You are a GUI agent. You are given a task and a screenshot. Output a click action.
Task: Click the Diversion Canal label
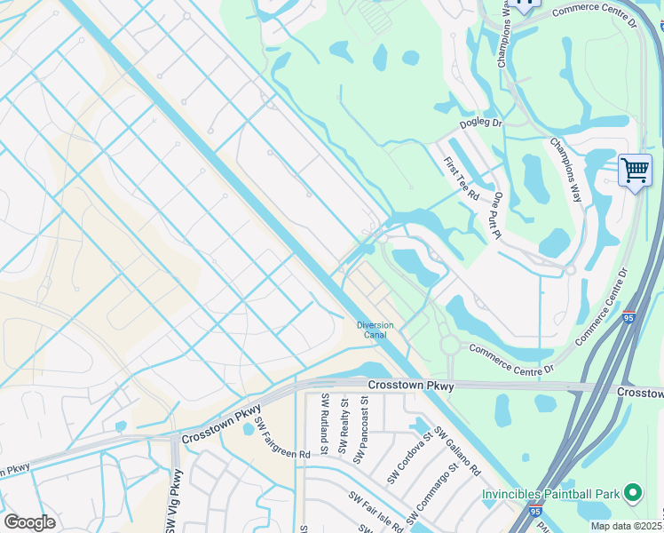(375, 330)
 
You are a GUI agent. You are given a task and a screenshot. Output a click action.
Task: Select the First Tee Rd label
(462, 179)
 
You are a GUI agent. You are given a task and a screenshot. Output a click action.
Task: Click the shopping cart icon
(635, 169)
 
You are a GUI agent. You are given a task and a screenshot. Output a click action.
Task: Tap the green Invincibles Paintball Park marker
(633, 491)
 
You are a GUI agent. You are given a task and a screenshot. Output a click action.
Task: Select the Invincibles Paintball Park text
(550, 493)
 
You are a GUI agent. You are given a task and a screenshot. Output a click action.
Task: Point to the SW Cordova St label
(409, 457)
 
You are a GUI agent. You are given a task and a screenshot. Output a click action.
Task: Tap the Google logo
(29, 521)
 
